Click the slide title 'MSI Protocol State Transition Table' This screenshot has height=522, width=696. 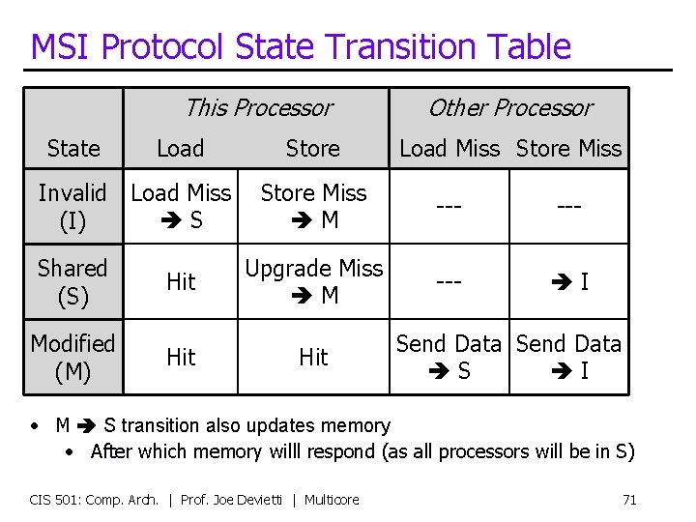pyautogui.click(x=301, y=46)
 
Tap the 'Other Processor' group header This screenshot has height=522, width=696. pyautogui.click(x=509, y=107)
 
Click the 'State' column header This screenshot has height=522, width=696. pyautogui.click(x=73, y=148)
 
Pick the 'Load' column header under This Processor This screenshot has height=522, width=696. pyautogui.click(x=181, y=148)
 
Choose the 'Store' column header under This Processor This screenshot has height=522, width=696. pyautogui.click(x=312, y=148)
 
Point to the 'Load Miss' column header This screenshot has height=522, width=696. pyautogui.click(x=449, y=148)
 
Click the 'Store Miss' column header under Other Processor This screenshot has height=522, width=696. pyautogui.click(x=568, y=148)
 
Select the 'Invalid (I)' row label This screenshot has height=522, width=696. pyautogui.click(x=72, y=207)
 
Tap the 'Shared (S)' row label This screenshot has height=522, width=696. pyautogui.click(x=72, y=281)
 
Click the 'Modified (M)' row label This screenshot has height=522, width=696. pyautogui.click(x=72, y=357)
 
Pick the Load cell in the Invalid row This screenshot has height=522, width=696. pyautogui.click(x=181, y=207)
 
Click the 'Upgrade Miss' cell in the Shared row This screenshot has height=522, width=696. pyautogui.click(x=313, y=281)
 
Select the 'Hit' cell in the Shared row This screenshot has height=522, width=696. pyautogui.click(x=181, y=281)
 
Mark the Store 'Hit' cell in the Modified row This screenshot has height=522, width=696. pyautogui.click(x=313, y=357)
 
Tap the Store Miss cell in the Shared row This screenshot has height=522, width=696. pyautogui.click(x=569, y=281)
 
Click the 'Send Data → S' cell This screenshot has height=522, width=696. pyautogui.click(x=449, y=357)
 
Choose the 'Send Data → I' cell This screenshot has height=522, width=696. pyautogui.click(x=569, y=357)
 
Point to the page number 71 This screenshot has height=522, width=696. pyautogui.click(x=629, y=500)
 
